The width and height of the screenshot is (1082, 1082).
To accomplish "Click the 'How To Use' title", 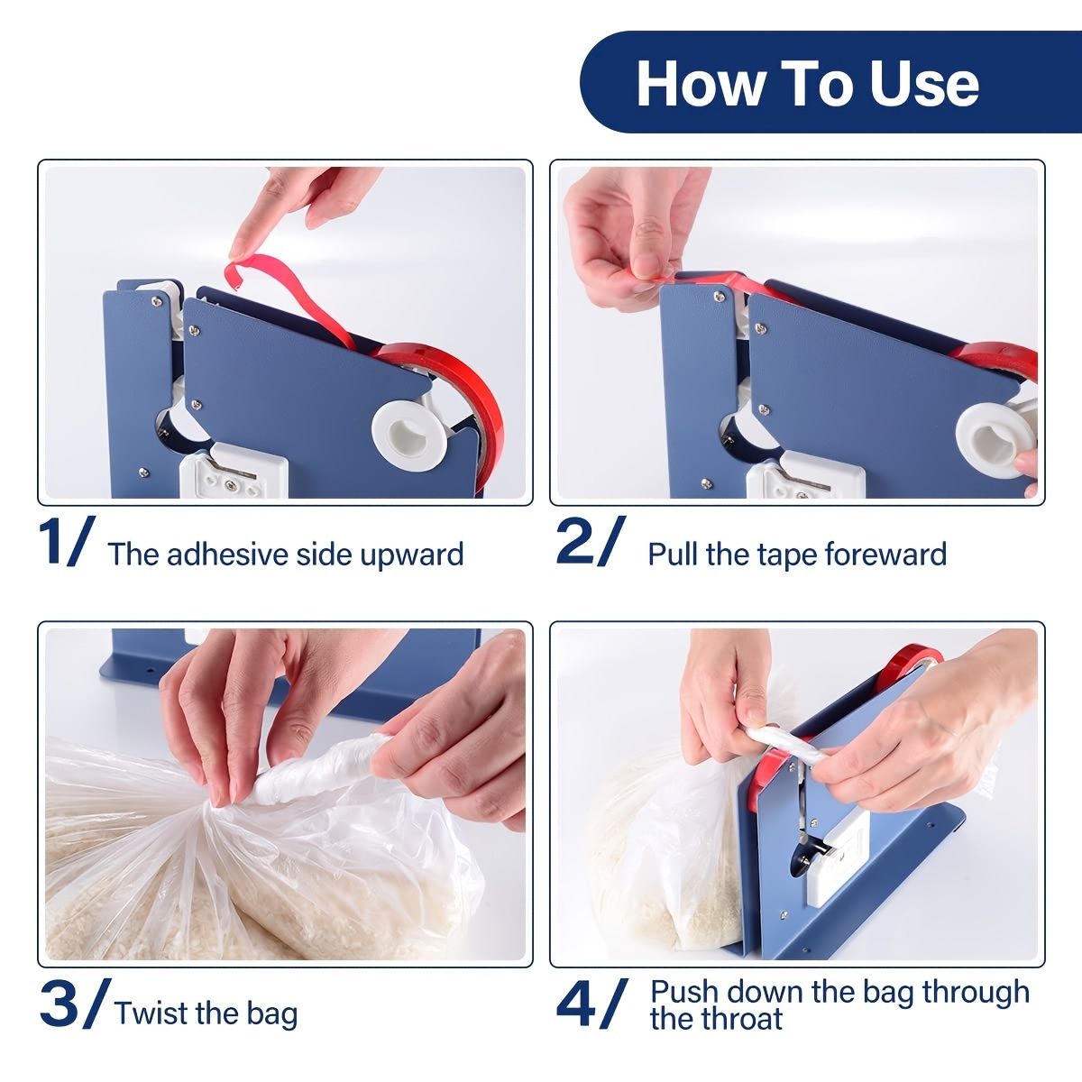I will point(807,83).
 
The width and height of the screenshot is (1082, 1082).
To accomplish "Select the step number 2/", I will point(588,543).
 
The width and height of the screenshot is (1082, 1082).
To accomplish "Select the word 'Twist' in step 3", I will point(150,1013).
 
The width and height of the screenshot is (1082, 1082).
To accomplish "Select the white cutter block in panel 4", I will point(839,857).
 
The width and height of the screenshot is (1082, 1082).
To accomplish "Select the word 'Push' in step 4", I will point(685,992).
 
